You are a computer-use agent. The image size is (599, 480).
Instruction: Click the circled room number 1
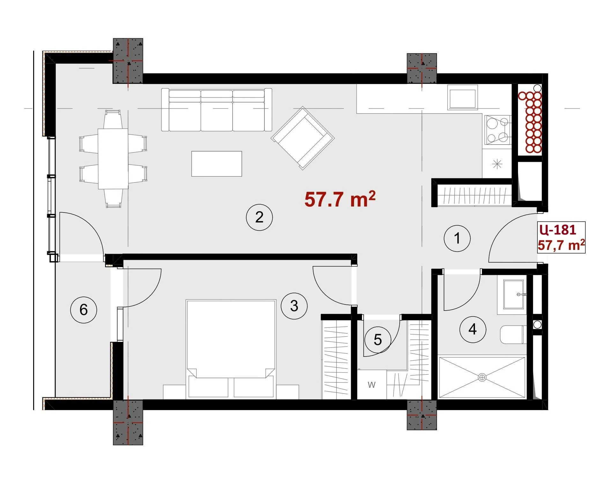tap(457, 238)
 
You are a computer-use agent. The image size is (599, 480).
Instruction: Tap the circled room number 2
tap(259, 217)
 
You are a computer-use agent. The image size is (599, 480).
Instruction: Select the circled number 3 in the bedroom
tap(294, 306)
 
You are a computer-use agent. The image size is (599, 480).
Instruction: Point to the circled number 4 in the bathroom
tap(472, 329)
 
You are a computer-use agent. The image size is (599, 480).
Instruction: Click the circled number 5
tap(378, 340)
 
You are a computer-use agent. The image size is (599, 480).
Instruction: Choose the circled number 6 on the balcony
tap(83, 310)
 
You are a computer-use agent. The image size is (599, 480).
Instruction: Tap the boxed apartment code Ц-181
tap(558, 229)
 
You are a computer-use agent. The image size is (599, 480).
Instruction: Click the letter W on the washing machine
tap(371, 385)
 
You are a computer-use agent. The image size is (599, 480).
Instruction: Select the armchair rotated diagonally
tap(303, 138)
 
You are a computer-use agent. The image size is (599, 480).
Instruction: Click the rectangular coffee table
tap(217, 163)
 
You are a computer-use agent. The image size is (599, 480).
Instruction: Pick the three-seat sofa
tap(217, 110)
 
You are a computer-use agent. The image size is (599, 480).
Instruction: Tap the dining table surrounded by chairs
tap(113, 159)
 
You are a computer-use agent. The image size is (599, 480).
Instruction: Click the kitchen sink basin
tap(462, 97)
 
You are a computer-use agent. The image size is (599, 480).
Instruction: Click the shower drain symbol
tap(482, 377)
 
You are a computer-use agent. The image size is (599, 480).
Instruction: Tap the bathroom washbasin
tap(513, 295)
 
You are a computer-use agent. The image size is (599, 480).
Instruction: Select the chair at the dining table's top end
tap(113, 119)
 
